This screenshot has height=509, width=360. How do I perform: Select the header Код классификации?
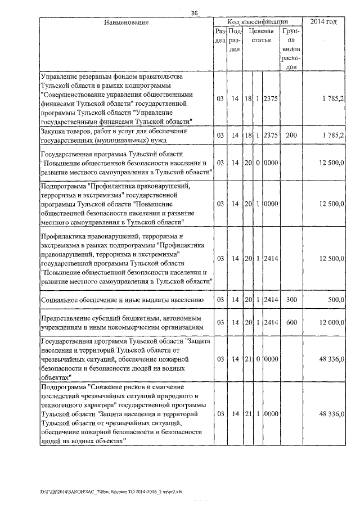(257, 21)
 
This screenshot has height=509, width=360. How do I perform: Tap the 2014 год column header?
(324, 21)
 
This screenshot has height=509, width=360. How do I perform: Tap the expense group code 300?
(291, 300)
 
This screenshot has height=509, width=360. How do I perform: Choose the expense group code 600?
(291, 322)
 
